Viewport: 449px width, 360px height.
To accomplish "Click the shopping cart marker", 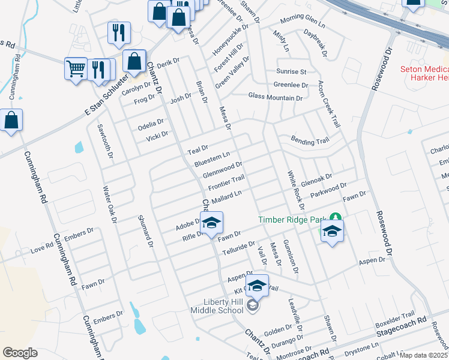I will click(x=76, y=69).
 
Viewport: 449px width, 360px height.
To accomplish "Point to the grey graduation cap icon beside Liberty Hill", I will click(x=253, y=307).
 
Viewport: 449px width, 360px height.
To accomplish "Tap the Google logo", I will click(x=20, y=353).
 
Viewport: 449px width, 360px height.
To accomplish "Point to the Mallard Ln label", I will click(x=226, y=196).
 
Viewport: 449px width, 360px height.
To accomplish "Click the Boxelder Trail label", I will click(x=395, y=316).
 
